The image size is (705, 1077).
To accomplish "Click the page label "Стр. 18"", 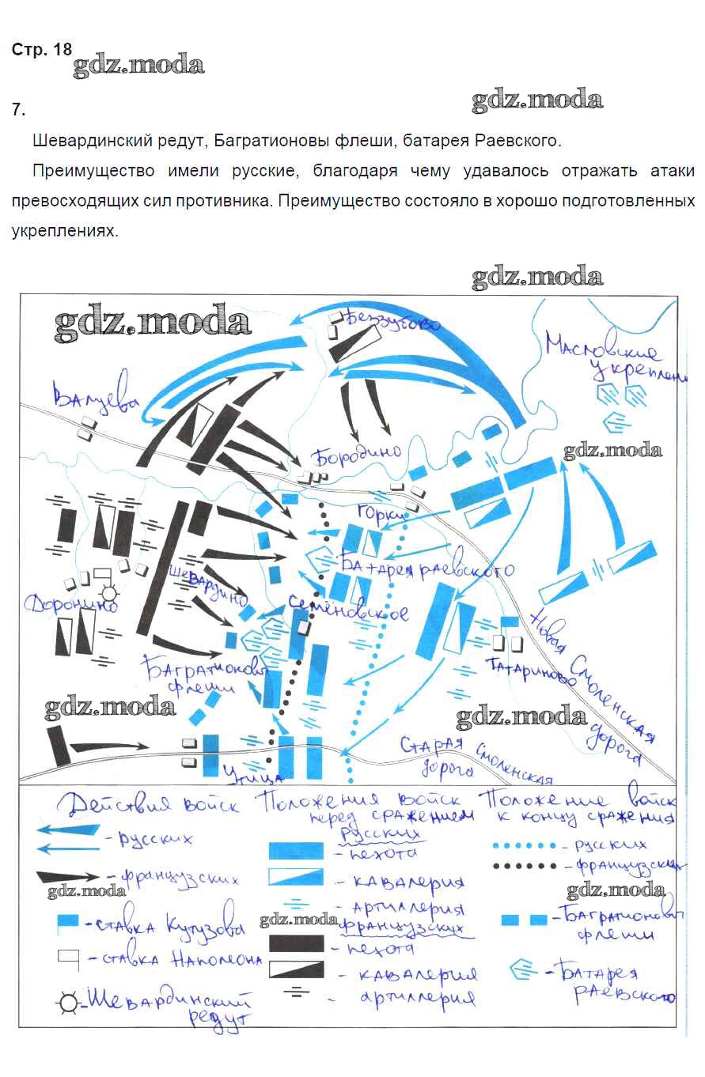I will [41, 50].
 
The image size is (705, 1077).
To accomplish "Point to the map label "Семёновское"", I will [348, 609].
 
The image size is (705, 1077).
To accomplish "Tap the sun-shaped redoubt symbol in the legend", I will [67, 1003].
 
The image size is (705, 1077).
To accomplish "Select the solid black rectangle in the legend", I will [297, 943].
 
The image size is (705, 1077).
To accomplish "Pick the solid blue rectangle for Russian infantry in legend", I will [297, 851].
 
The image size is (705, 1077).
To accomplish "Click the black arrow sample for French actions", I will [68, 876].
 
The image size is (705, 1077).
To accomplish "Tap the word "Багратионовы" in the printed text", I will [262, 142].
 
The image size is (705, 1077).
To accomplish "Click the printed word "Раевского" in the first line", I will [517, 142].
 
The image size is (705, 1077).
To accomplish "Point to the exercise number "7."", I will [19, 109].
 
